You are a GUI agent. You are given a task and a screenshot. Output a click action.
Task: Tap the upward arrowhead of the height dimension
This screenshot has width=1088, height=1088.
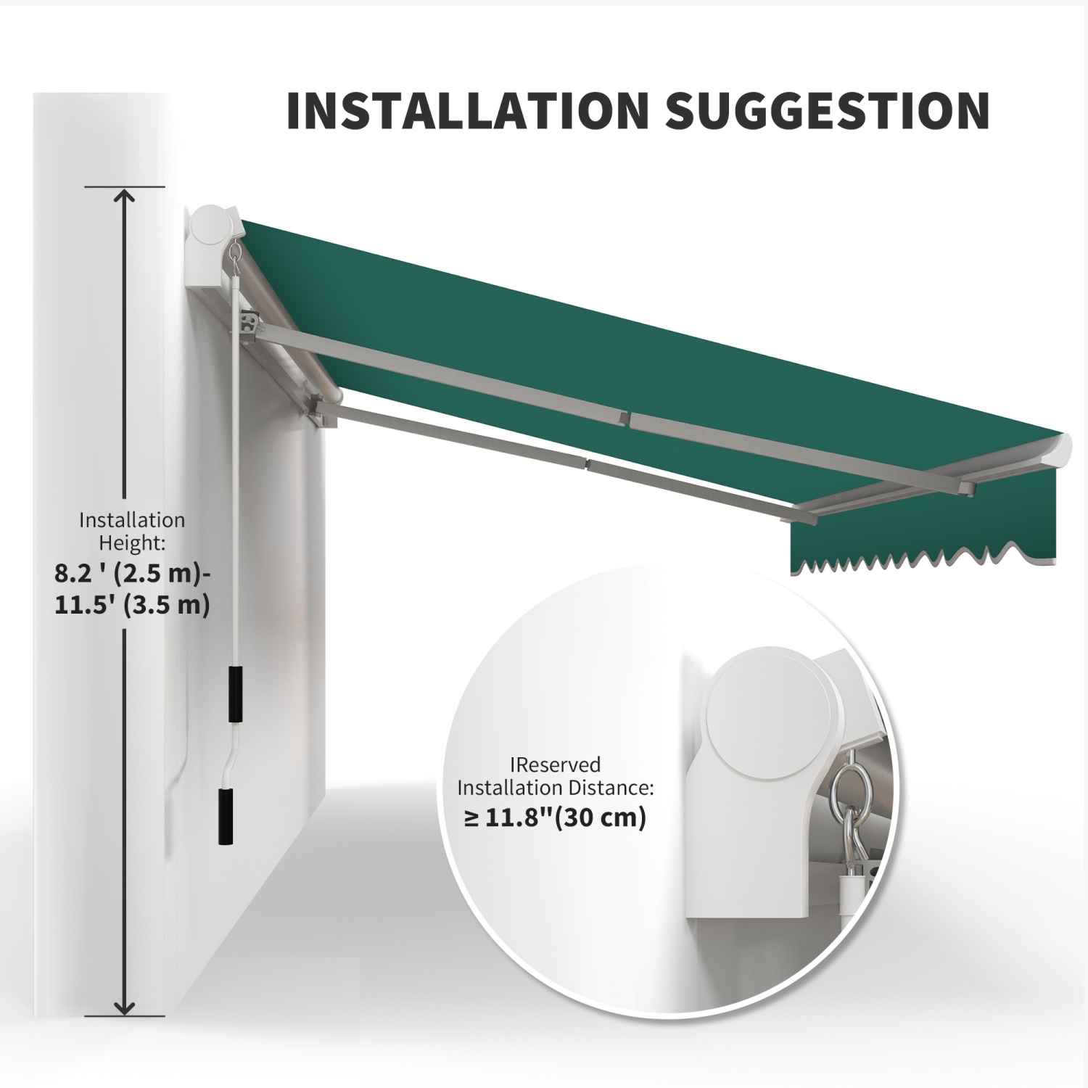click(125, 197)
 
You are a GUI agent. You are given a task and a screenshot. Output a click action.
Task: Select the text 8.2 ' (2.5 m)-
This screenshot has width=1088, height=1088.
click(133, 574)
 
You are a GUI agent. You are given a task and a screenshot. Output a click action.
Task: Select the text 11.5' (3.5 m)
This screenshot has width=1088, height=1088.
click(132, 604)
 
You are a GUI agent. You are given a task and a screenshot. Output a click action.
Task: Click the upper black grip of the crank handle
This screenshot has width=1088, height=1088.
click(235, 693)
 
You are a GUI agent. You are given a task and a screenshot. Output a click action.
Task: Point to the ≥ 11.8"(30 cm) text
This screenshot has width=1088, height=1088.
click(555, 817)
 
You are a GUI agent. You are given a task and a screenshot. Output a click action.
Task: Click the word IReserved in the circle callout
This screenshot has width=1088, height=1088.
click(556, 765)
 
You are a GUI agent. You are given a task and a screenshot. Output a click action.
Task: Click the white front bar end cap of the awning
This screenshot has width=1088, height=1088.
click(1062, 450)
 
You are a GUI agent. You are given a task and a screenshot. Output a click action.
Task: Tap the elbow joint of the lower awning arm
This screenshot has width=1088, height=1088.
click(588, 462)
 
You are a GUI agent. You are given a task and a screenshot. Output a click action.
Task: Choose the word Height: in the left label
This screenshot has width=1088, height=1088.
click(132, 542)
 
